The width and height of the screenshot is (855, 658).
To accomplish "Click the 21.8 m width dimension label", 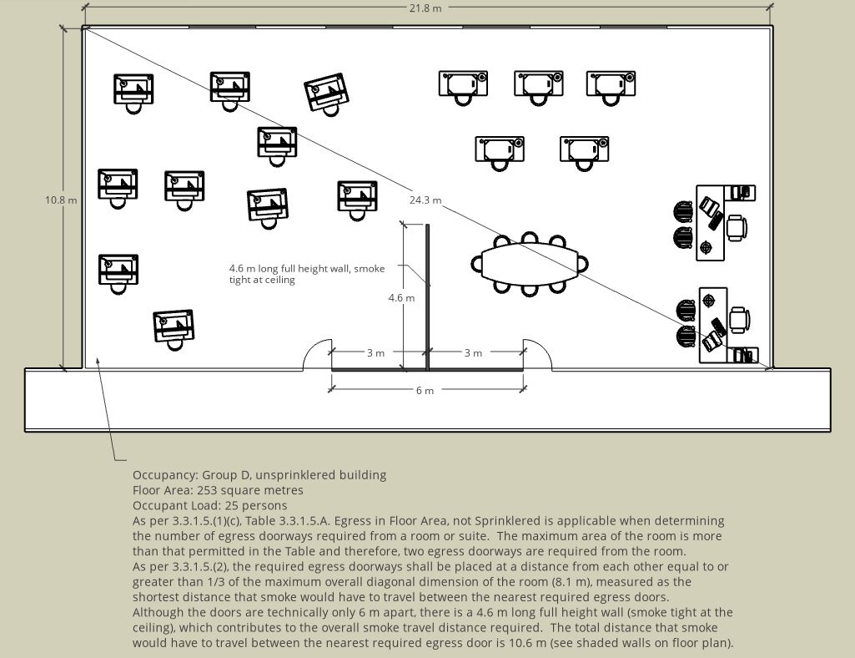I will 425,8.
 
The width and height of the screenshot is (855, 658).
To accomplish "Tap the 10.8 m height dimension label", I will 61,200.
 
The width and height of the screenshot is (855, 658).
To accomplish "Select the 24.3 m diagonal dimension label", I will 425,200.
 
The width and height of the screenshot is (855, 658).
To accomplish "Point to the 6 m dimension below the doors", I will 425,390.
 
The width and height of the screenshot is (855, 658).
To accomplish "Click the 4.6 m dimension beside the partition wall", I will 401,298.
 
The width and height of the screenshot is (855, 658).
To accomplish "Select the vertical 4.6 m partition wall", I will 428,296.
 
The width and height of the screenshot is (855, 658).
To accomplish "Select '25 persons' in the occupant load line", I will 259,505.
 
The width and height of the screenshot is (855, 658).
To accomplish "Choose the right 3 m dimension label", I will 472,353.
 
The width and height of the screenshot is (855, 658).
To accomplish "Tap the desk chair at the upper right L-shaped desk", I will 736,226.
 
